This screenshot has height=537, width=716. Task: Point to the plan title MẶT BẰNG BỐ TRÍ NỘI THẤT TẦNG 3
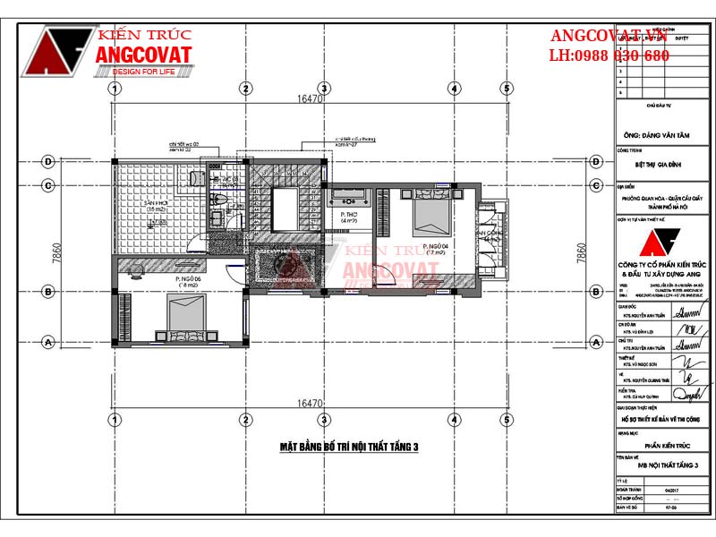[x=349, y=447]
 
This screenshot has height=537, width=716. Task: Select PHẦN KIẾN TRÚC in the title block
[x=663, y=443]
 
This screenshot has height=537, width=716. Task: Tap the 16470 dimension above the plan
[x=310, y=99]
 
